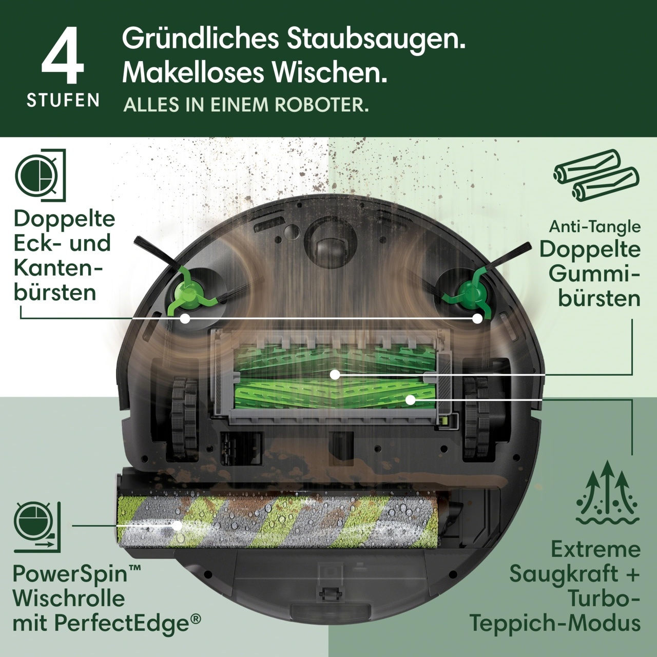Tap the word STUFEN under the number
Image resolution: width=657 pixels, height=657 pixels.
click(x=63, y=100)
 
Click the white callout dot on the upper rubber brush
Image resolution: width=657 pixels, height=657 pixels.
click(x=335, y=375)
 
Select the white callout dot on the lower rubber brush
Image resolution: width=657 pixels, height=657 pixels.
click(x=411, y=399)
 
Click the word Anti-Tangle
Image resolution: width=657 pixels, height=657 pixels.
click(x=594, y=226)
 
